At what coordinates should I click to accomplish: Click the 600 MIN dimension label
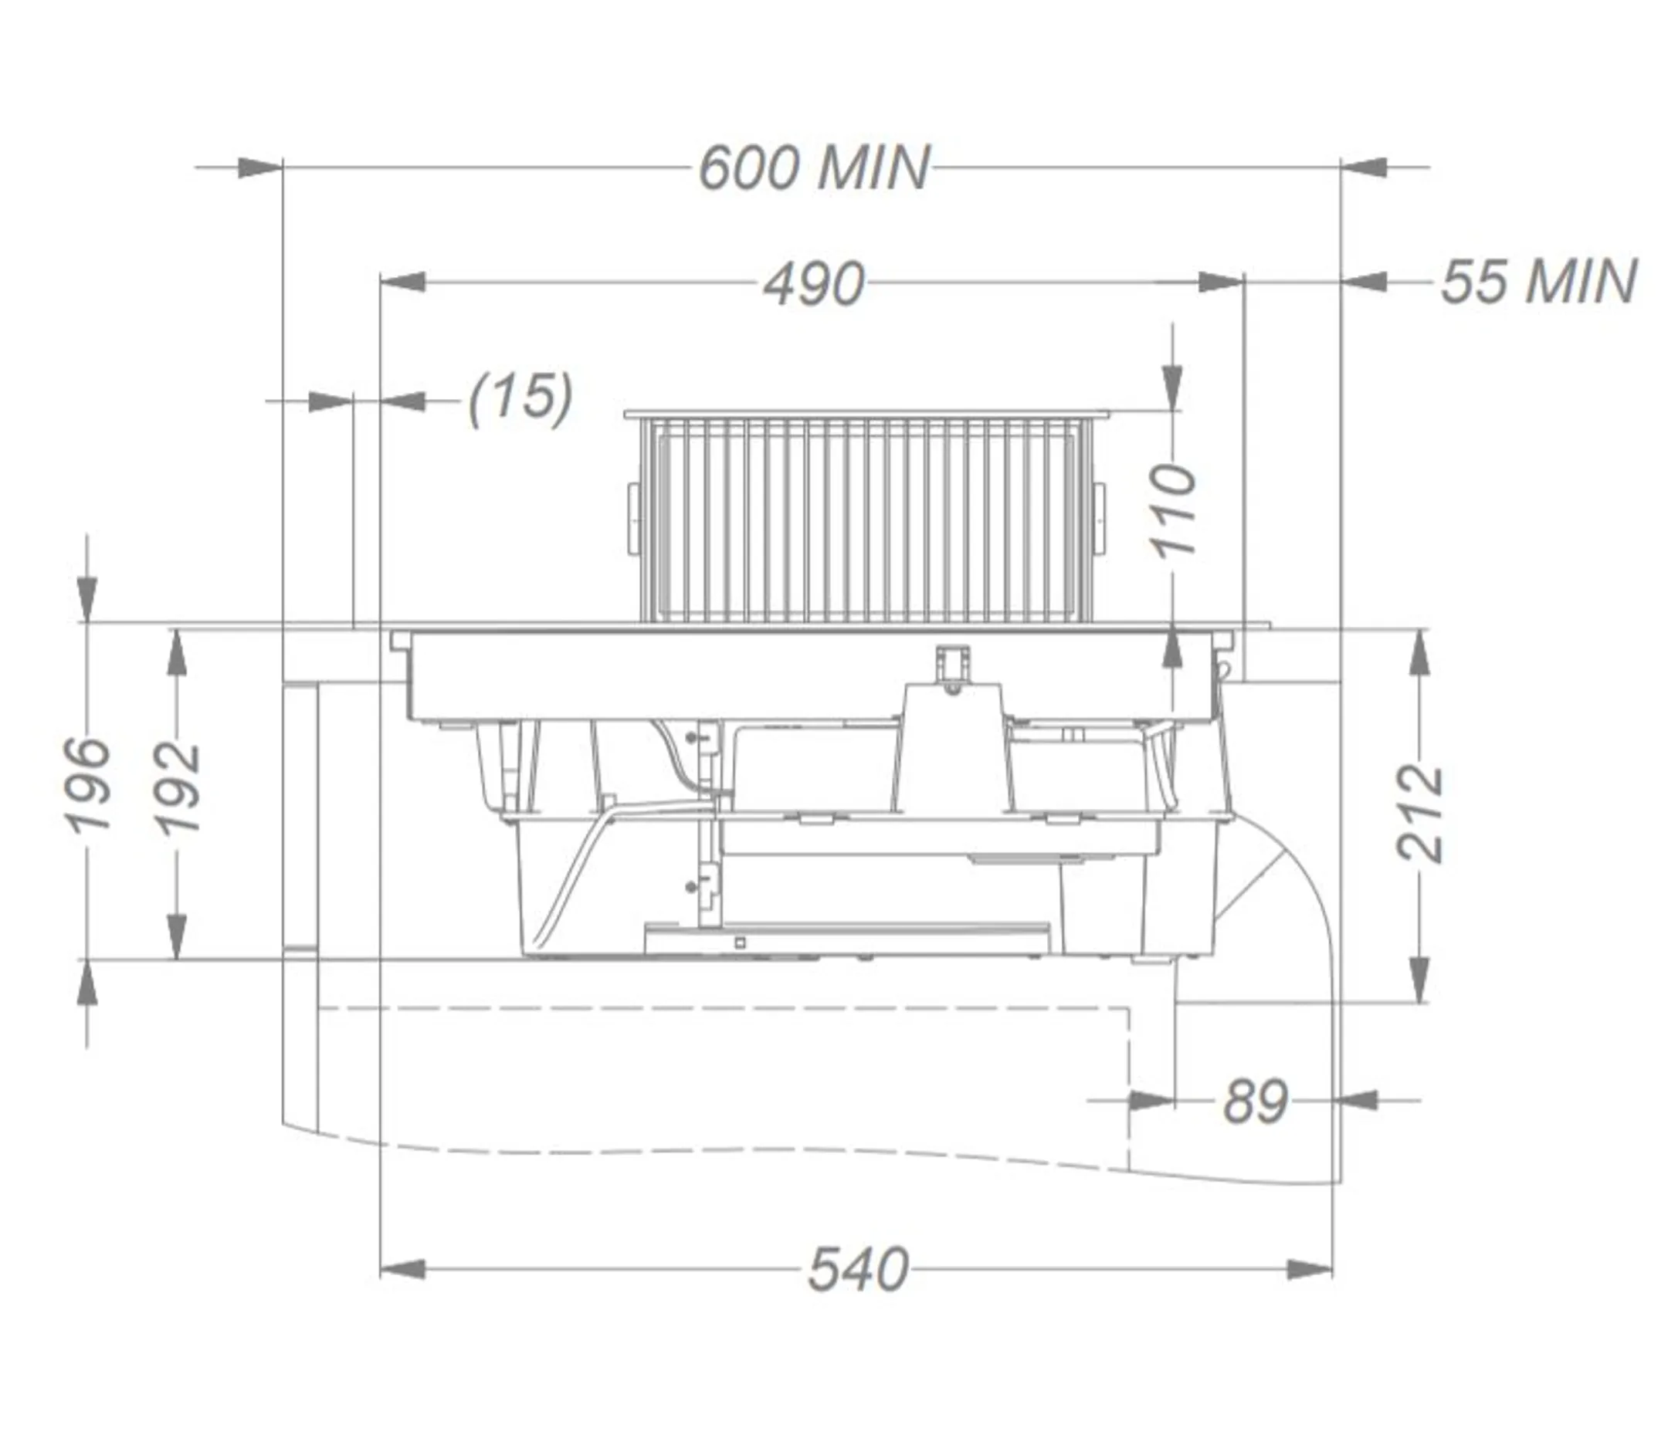[x=814, y=168]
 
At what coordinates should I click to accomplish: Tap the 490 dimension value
[x=814, y=284]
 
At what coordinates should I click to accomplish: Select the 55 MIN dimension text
[x=1537, y=282]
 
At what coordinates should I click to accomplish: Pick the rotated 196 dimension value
[x=86, y=784]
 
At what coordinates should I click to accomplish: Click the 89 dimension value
[x=1255, y=1101]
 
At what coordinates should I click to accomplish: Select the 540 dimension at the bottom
[x=858, y=1270]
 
